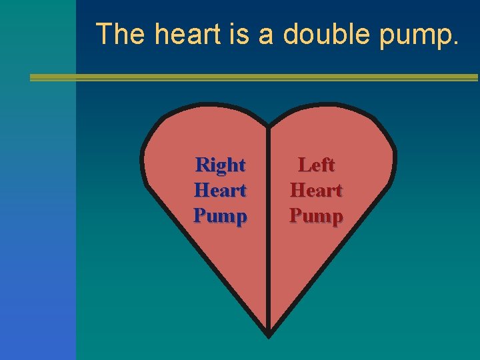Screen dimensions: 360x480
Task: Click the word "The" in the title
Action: click(120, 34)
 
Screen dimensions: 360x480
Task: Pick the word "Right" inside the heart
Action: click(220, 164)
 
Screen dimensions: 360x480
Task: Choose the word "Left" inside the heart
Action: click(316, 164)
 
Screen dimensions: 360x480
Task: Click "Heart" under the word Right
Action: click(220, 190)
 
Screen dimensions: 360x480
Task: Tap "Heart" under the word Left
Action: click(316, 190)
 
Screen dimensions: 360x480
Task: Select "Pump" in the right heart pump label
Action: click(220, 216)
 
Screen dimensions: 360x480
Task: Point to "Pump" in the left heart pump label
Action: click(316, 216)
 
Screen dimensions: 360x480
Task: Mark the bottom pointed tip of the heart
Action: click(269, 334)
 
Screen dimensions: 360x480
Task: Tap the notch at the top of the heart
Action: click(269, 125)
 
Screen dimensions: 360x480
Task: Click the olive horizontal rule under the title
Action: click(253, 77)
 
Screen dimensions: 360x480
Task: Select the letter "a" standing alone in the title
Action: click(267, 35)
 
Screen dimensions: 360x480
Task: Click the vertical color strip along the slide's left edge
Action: click(37, 200)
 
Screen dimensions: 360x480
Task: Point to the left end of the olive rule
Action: click(33, 77)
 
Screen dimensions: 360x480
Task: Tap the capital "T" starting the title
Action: click(105, 34)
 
